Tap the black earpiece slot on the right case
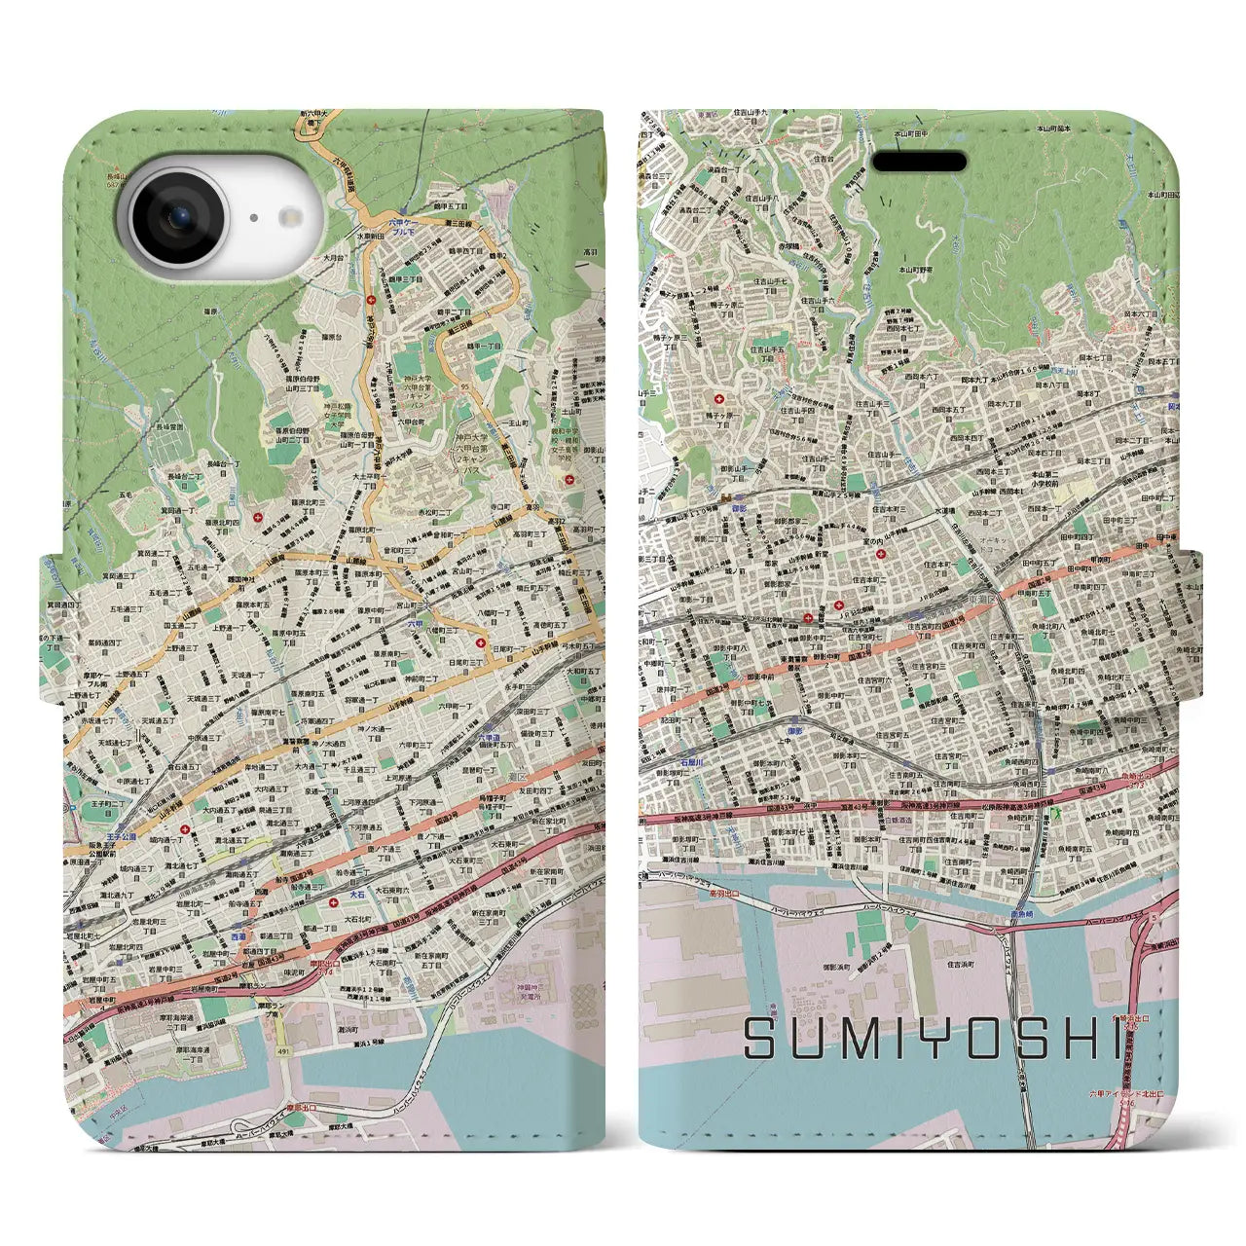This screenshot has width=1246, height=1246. tap(918, 162)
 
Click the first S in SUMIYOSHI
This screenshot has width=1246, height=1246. tap(761, 1040)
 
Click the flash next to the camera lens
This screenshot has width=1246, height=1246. tap(252, 218)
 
